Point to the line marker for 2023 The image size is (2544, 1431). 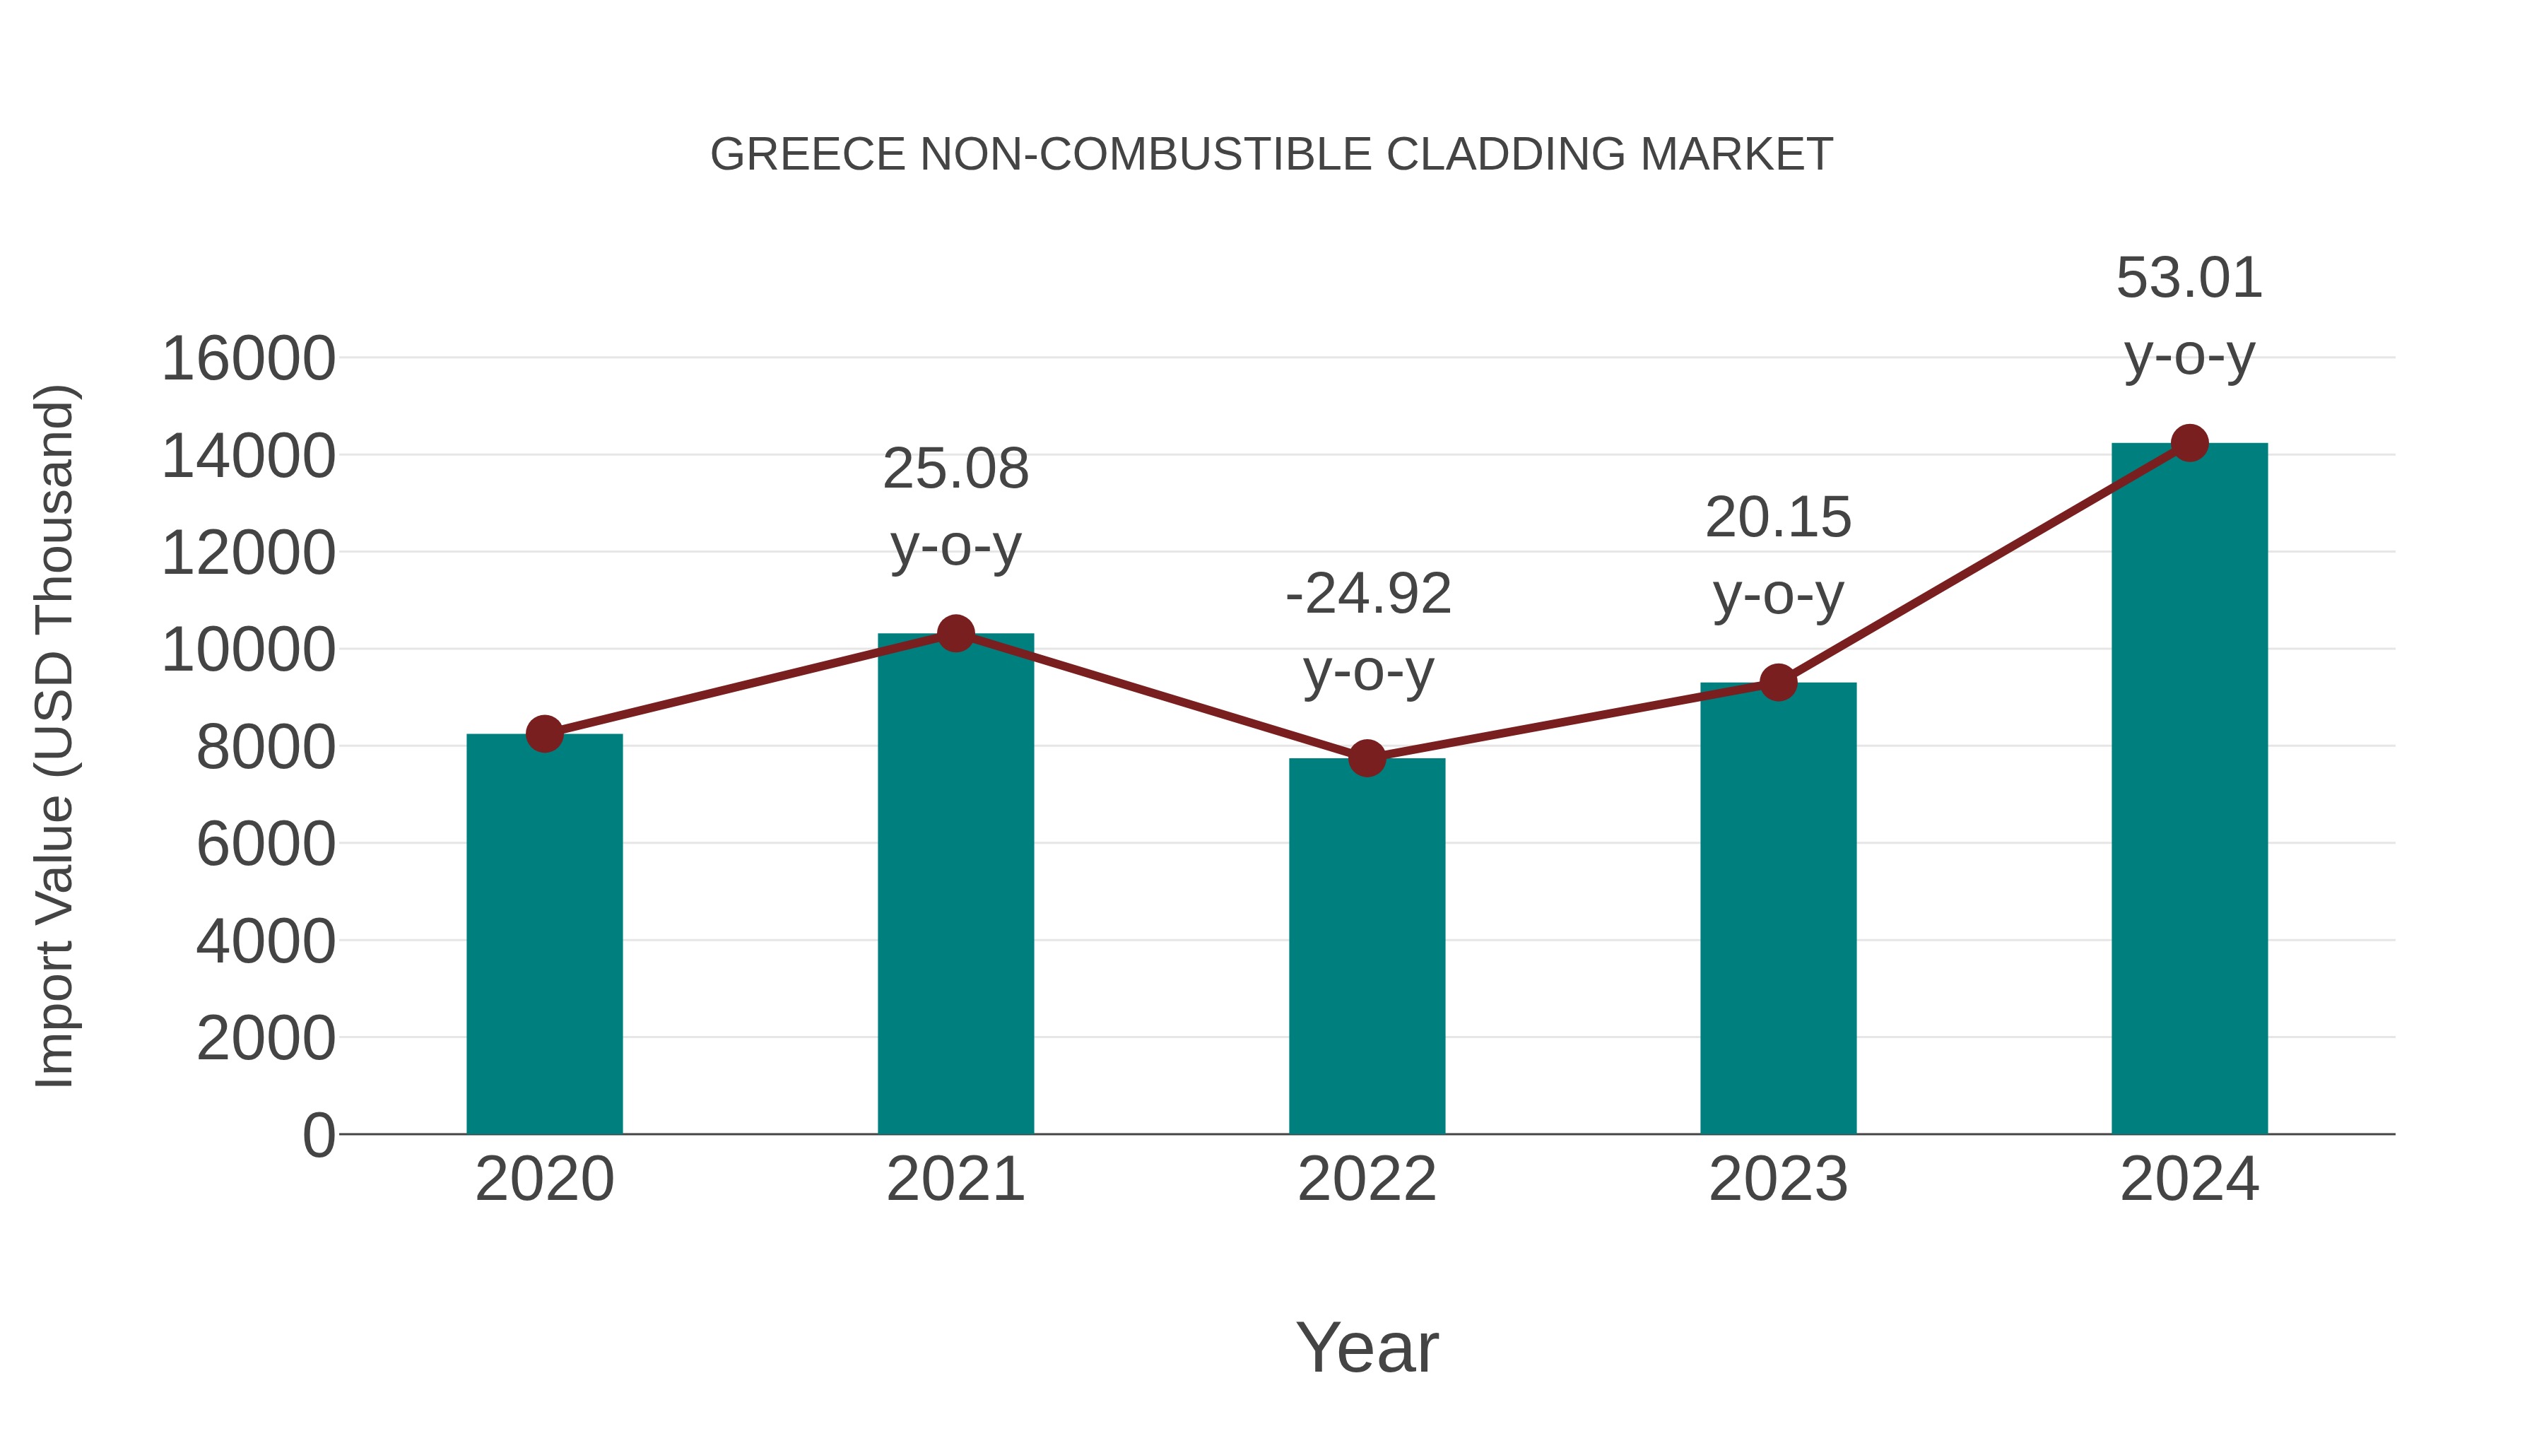[x=1778, y=683]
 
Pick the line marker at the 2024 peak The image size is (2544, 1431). [x=2189, y=443]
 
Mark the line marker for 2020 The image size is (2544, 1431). [x=544, y=734]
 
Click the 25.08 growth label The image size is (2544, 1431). [x=955, y=469]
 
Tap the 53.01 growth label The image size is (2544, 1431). [x=2189, y=278]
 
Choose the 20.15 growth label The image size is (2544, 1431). [x=1778, y=519]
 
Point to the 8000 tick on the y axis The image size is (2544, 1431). [x=266, y=748]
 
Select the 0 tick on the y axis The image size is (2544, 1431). [x=319, y=1136]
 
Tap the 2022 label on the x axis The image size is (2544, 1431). [x=1367, y=1179]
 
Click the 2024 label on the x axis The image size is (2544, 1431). [x=2189, y=1179]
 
